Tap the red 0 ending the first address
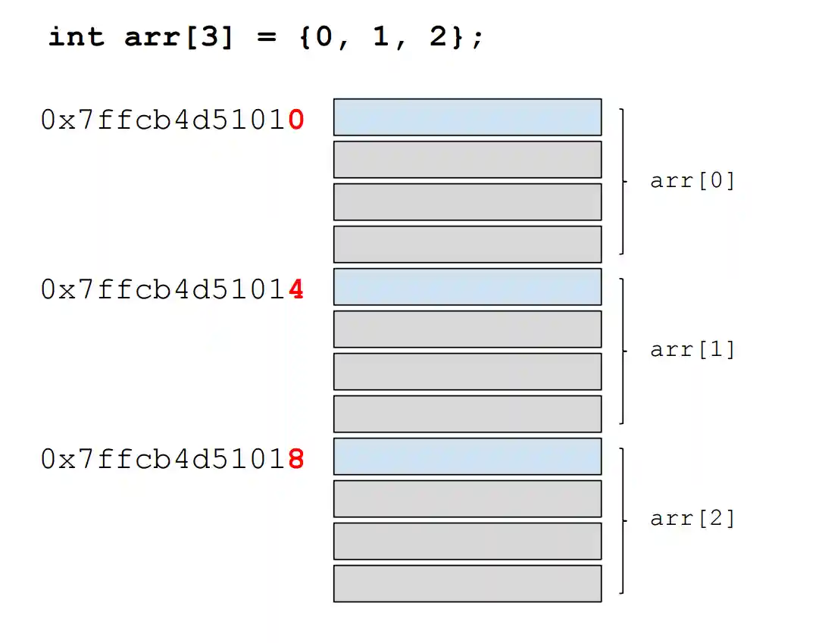(x=296, y=120)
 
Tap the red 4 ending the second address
(x=296, y=289)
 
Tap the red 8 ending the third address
(x=296, y=459)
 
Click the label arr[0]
(x=692, y=181)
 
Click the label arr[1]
(x=692, y=350)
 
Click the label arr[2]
(x=692, y=519)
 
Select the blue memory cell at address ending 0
(x=467, y=117)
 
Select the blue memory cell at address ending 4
(x=467, y=286)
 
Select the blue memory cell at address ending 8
(x=467, y=456)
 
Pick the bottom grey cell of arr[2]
(x=467, y=583)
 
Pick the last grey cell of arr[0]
(x=467, y=244)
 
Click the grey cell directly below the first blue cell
(x=467, y=159)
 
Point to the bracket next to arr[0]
(x=623, y=181)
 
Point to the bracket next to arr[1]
(x=623, y=350)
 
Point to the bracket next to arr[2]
(x=623, y=520)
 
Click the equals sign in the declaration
(x=266, y=37)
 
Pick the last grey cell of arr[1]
(x=467, y=414)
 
